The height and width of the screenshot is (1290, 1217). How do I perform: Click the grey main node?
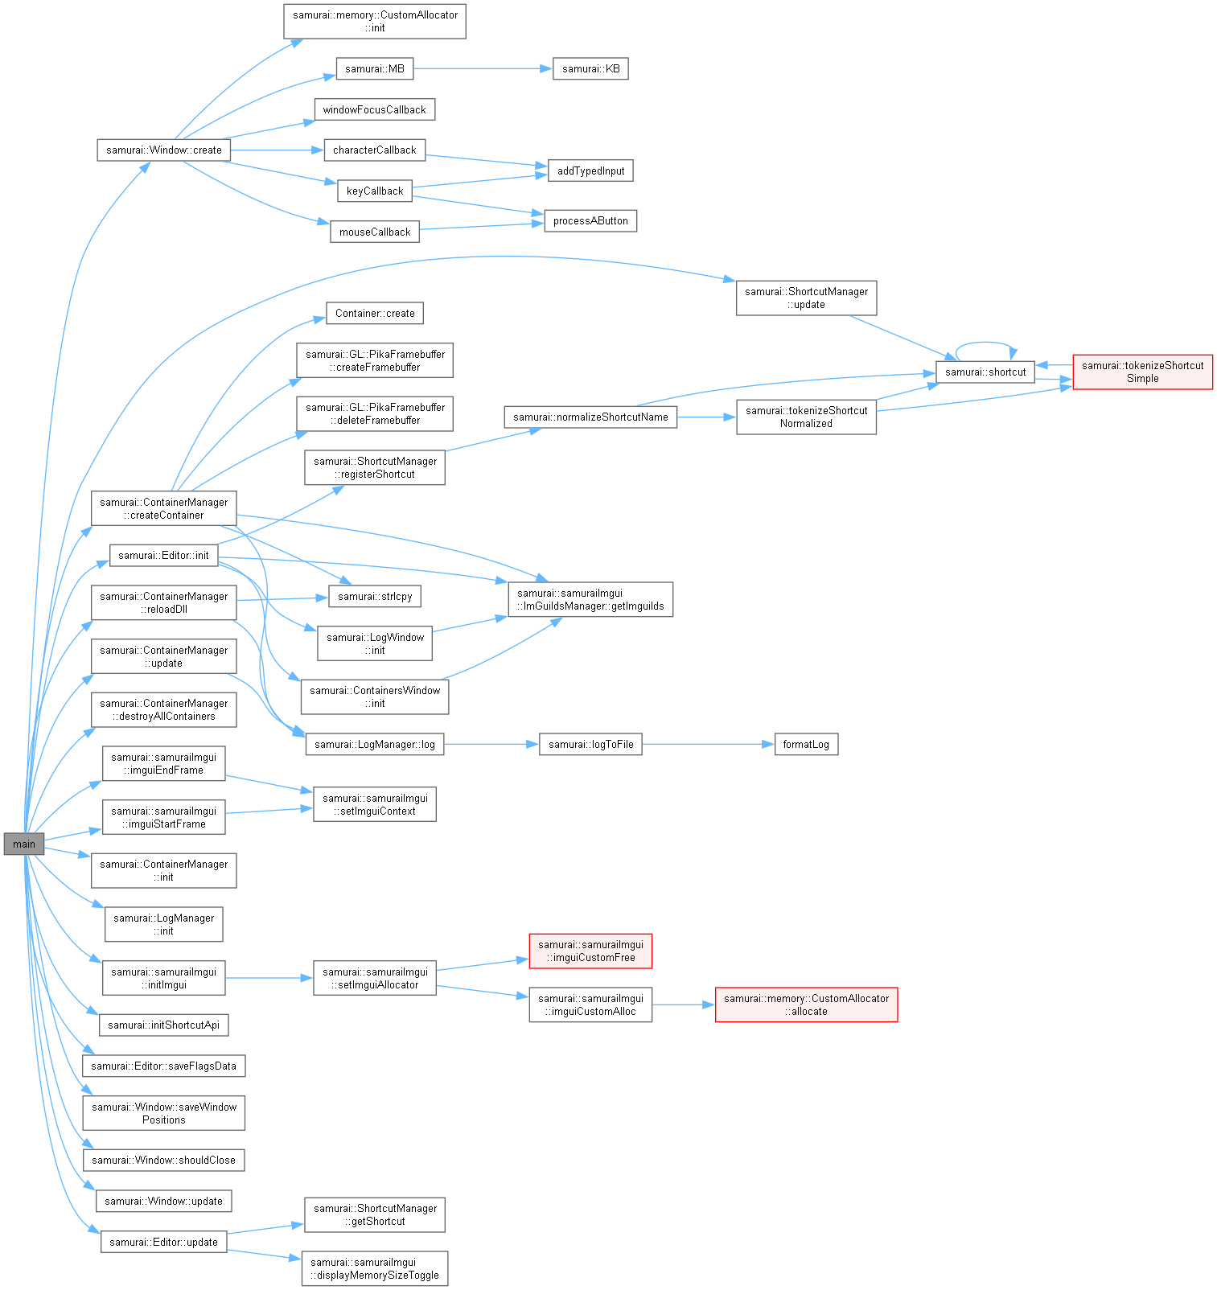[23, 844]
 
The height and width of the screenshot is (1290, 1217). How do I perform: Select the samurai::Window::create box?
[163, 150]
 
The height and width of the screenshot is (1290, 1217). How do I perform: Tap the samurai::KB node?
[590, 68]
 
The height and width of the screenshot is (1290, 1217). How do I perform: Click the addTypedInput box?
[590, 170]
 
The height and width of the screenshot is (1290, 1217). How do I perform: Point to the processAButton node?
[590, 220]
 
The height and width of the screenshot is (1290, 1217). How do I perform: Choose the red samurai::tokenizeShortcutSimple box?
[1142, 372]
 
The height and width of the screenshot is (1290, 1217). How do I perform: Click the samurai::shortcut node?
[985, 372]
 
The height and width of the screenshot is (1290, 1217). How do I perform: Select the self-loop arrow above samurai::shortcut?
[985, 343]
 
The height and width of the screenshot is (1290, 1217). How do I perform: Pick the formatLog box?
[805, 744]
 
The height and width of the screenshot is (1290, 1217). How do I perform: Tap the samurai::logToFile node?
[590, 744]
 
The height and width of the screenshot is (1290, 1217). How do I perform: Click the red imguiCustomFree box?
[590, 951]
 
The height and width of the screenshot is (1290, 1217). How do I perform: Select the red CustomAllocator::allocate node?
[806, 1004]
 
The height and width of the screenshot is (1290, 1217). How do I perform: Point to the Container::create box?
[375, 313]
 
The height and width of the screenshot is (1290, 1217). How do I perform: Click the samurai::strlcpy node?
[375, 596]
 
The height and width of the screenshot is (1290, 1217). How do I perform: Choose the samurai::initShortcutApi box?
[163, 1025]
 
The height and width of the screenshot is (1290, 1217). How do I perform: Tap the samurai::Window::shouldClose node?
[163, 1160]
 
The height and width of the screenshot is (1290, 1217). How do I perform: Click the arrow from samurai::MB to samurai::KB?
[483, 68]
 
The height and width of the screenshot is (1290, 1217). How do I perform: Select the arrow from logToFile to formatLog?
[708, 744]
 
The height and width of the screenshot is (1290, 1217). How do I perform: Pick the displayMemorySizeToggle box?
[375, 1268]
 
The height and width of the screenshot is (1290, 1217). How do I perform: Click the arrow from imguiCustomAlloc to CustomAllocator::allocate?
[684, 1004]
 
